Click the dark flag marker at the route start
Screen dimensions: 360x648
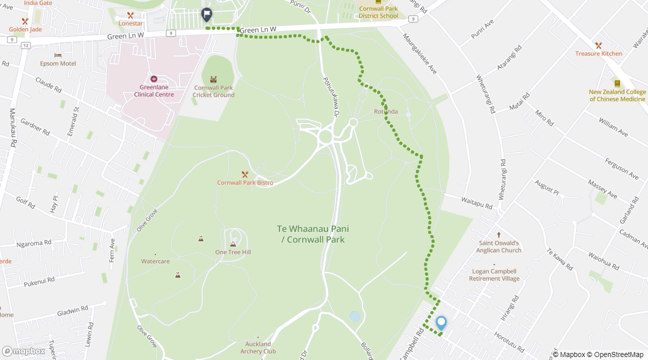coord(206,15)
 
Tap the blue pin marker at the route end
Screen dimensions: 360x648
coord(441,323)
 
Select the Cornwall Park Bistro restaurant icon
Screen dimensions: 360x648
coord(245,174)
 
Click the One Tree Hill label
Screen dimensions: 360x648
coord(233,252)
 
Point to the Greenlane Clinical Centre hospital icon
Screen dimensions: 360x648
coord(153,79)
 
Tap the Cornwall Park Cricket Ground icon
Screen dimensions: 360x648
coord(213,79)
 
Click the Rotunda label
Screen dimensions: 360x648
coord(386,111)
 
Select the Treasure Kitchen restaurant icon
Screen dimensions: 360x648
coord(598,45)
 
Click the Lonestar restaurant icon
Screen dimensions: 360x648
coord(130,15)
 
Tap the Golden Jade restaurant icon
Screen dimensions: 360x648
coord(25,21)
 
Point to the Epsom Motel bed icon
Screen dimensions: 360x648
coord(58,55)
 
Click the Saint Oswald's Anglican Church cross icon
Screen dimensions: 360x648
coord(498,235)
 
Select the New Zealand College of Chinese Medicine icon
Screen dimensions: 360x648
coord(617,83)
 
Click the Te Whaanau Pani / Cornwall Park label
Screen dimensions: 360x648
coord(313,234)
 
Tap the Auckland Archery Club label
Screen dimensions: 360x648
coord(258,347)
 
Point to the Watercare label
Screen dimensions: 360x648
coord(155,261)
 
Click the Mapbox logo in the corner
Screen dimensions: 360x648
coord(23,351)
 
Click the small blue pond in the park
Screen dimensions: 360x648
coord(355,316)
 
